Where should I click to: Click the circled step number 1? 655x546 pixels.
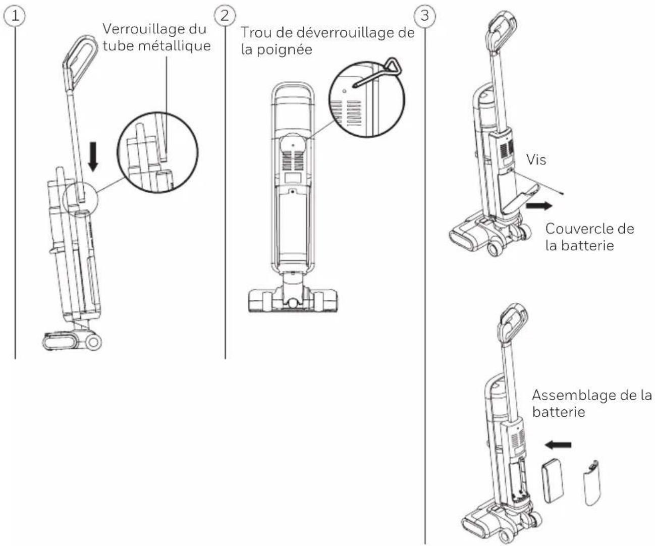tap(15, 16)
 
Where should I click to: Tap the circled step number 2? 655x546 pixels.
tap(225, 15)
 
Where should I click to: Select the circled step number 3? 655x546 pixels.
tap(425, 15)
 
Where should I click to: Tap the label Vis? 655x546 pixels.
tap(536, 160)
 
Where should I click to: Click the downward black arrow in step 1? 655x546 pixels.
tap(93, 156)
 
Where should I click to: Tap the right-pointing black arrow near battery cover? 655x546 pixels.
tap(539, 206)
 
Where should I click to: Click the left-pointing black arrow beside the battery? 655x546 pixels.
tap(558, 445)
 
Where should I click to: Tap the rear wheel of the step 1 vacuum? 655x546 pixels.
tap(93, 342)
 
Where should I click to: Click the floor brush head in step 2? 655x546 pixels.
tap(293, 301)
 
